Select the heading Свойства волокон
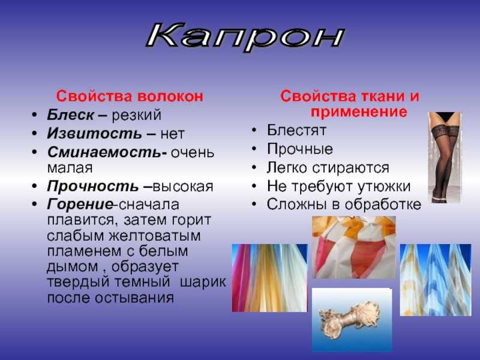pos(130,96)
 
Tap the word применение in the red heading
pos(359,112)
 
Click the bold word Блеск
pos(70,115)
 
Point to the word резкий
pos(136,115)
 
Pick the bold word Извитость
pos(94,133)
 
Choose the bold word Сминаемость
pos(104,152)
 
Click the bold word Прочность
pos(93,186)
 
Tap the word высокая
pos(183,187)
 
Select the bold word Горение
pos(80,205)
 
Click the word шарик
pos(203,282)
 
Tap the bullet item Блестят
pos(296,130)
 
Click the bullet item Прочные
pos(299,149)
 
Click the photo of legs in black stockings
pos(445,157)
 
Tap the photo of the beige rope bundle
pos(352,320)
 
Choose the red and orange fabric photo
pos(354,247)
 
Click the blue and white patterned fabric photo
pos(436,280)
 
